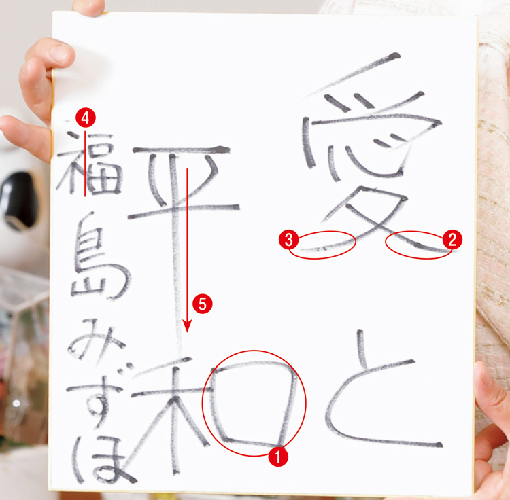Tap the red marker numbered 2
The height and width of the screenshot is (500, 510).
pos(452,238)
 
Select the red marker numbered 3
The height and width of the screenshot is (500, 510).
pos(289,238)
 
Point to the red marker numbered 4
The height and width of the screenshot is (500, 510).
pos(84,118)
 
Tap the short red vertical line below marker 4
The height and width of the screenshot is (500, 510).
pos(84,163)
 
